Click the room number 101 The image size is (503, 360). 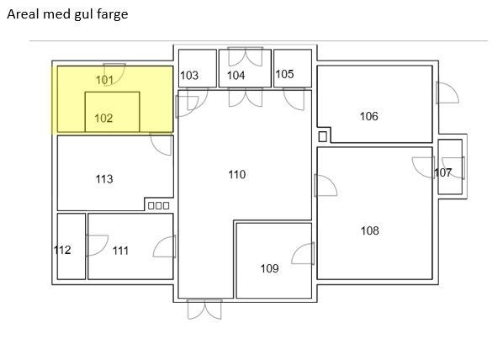click(104, 80)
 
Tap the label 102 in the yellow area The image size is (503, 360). click(103, 119)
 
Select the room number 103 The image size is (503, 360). click(189, 76)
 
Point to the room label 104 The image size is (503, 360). click(236, 76)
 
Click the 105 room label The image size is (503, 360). click(284, 74)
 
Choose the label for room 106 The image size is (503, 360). click(368, 116)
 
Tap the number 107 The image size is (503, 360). click(442, 172)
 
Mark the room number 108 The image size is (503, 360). click(369, 230)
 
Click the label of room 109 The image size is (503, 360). click(269, 269)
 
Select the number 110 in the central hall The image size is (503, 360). click(237, 174)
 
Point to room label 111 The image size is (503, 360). click(120, 251)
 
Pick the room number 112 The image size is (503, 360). click(62, 250)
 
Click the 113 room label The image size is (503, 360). click(103, 179)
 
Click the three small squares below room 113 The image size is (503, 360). click(158, 205)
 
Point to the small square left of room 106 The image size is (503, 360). click(322, 136)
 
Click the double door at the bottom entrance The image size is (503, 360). click(204, 309)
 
